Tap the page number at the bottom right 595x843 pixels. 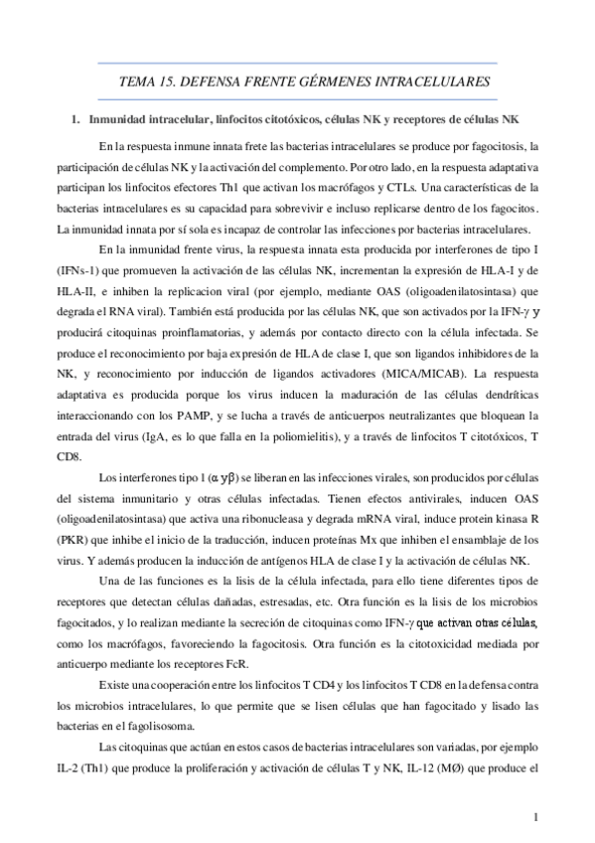[534, 816]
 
